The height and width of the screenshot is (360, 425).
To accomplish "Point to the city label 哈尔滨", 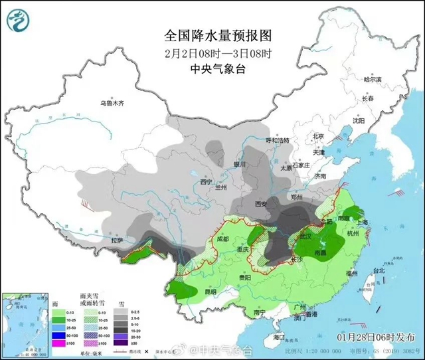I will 373,79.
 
